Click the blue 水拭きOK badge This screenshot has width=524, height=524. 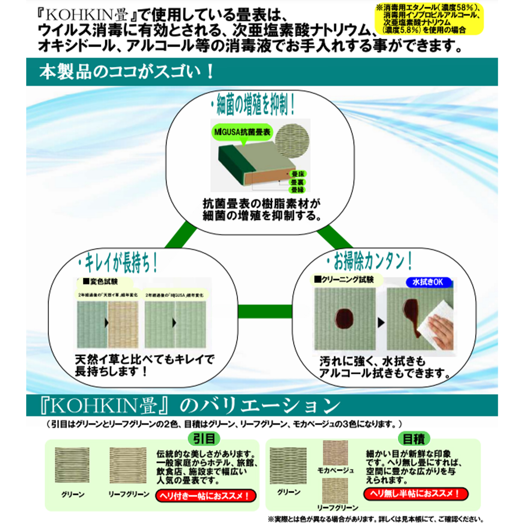pyautogui.click(x=428, y=282)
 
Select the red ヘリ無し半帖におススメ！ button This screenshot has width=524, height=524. pyautogui.click(x=415, y=494)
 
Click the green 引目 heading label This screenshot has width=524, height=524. pyautogui.click(x=204, y=439)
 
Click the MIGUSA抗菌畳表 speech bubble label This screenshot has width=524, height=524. pyautogui.click(x=242, y=132)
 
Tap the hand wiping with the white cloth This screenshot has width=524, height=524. pyautogui.click(x=438, y=332)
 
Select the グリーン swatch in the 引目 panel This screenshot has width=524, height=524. pyautogui.click(x=72, y=465)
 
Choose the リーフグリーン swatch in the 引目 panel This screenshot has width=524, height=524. pyautogui.click(x=128, y=465)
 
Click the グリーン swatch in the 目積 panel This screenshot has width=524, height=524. pyautogui.click(x=288, y=465)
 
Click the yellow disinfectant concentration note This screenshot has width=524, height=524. pyautogui.click(x=429, y=19)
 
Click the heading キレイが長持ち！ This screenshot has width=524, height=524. pyautogui.click(x=117, y=263)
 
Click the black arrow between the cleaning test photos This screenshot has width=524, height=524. pyautogui.click(x=381, y=323)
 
